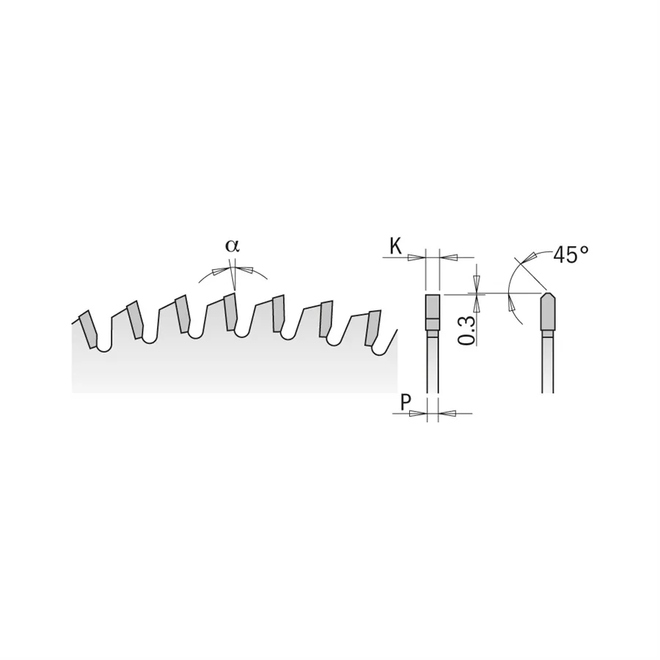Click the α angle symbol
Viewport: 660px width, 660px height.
(232, 246)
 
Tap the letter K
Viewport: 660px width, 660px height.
(395, 247)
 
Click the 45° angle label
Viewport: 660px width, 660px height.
(571, 255)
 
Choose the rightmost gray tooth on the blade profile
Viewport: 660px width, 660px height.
(373, 328)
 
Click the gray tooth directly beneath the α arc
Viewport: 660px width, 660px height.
(230, 312)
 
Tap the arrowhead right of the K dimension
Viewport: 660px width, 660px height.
(449, 257)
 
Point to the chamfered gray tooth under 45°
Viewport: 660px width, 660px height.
(547, 312)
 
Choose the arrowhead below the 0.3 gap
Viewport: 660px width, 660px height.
(477, 302)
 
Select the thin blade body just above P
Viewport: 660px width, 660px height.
(433, 367)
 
